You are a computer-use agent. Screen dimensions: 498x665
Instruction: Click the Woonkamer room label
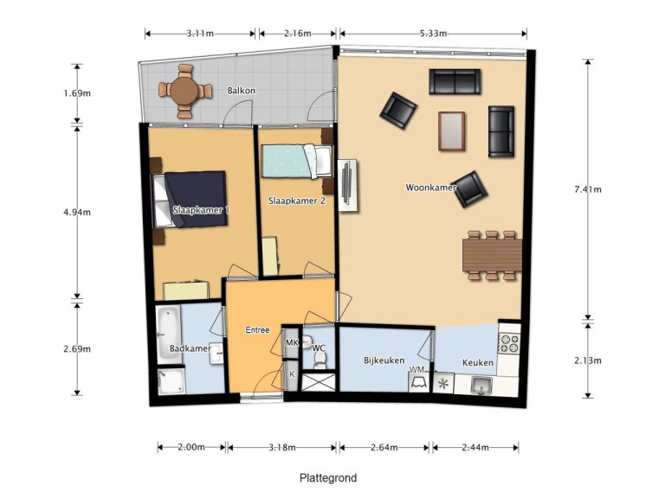431,187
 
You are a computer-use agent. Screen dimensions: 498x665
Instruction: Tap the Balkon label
241,90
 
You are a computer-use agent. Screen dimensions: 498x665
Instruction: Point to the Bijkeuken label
384,361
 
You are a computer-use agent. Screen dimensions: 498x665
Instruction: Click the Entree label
258,329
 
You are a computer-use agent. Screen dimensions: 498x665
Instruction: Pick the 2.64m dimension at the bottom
384,447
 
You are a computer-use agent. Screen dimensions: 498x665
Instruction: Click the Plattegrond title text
328,478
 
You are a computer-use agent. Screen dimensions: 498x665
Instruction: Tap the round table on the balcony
184,89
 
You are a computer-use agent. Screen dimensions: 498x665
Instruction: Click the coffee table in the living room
451,131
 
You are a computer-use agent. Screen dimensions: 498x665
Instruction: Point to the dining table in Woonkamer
491,255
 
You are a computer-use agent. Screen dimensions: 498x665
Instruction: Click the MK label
292,343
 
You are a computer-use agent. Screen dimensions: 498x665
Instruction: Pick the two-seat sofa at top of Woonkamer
454,82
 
